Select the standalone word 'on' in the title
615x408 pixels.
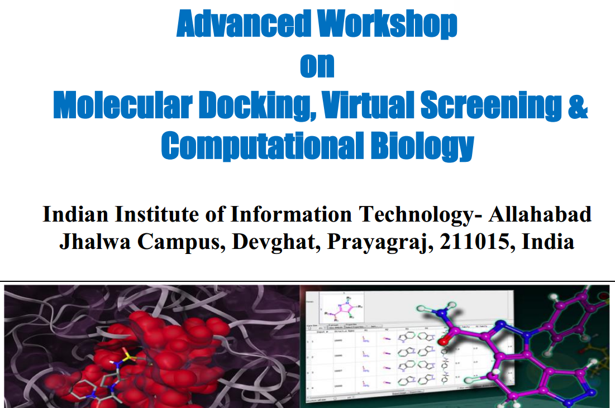317,65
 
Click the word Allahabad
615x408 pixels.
541,215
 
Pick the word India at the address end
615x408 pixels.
548,242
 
